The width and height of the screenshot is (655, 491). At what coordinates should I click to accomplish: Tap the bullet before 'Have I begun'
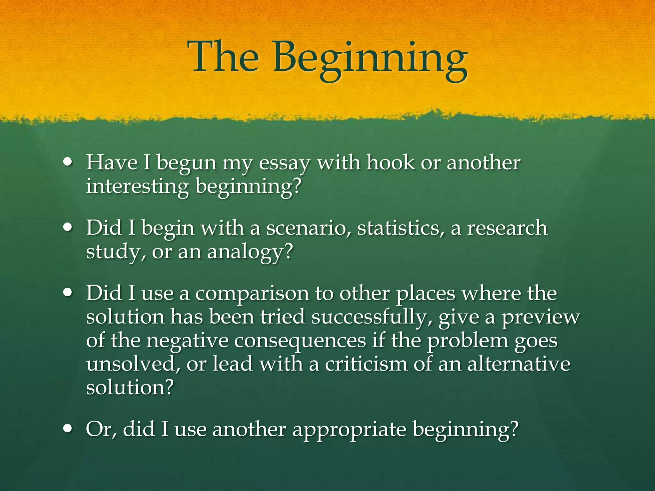tap(68, 162)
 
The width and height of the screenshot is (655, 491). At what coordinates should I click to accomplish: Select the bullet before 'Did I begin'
tap(68, 228)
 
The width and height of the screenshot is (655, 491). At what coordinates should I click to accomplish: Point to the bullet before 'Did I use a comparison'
tap(68, 293)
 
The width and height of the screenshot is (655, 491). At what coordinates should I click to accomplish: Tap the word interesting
tap(138, 187)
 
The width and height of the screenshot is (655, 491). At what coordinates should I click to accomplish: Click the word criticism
tap(366, 364)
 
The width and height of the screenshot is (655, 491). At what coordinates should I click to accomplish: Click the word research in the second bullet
tap(507, 228)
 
